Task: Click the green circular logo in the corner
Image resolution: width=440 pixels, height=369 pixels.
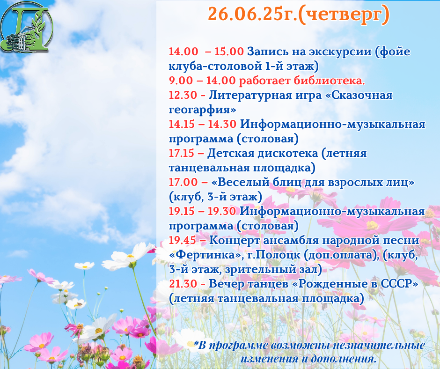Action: [x=27, y=27]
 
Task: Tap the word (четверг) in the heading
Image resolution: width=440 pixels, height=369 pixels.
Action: [x=344, y=15]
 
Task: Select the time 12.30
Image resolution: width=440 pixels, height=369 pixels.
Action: [x=183, y=95]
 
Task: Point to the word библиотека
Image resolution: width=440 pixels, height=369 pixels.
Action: [x=330, y=81]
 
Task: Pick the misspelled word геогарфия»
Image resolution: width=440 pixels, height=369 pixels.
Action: [x=202, y=110]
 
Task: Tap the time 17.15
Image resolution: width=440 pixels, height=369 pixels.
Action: [x=181, y=153]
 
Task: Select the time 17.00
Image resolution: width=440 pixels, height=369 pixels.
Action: [x=183, y=182]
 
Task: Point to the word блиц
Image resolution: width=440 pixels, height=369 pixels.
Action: [x=287, y=183]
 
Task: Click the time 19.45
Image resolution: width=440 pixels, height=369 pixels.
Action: [x=183, y=240]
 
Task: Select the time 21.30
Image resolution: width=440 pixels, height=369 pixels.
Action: [x=183, y=284]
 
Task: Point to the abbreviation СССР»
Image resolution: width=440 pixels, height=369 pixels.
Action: [x=399, y=284]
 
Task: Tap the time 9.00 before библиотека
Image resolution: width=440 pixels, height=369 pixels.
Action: [x=181, y=81]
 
